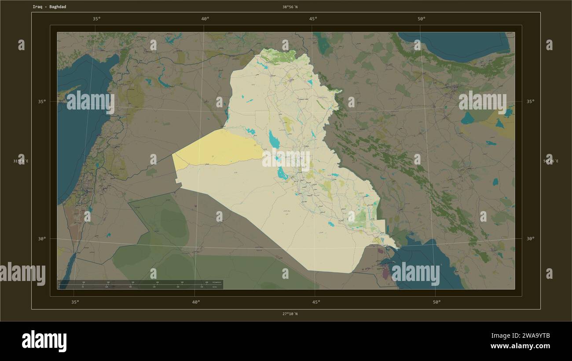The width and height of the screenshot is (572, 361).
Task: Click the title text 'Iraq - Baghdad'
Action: (49, 7)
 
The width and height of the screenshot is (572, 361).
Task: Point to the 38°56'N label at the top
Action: (290, 7)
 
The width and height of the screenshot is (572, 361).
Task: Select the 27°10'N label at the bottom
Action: (290, 314)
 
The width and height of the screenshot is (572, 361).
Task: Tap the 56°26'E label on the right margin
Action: (550, 161)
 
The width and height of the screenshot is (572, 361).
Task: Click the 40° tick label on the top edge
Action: (205, 19)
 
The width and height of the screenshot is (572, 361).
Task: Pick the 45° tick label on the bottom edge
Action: (316, 302)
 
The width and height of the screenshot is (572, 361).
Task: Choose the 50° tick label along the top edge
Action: (421, 19)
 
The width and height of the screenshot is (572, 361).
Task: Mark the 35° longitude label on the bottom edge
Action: (75, 302)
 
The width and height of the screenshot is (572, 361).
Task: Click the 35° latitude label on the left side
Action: (41, 102)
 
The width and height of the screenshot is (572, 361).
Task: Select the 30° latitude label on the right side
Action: (530, 239)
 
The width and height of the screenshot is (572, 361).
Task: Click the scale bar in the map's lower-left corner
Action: (140, 284)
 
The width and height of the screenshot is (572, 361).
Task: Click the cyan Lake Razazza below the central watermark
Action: (282, 174)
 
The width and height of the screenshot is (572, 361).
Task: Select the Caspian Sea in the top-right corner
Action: (458, 44)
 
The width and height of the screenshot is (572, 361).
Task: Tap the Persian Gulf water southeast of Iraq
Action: (422, 259)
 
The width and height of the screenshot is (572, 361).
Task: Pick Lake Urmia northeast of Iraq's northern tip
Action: (324, 44)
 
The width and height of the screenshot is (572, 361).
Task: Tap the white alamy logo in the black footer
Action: (44, 341)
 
